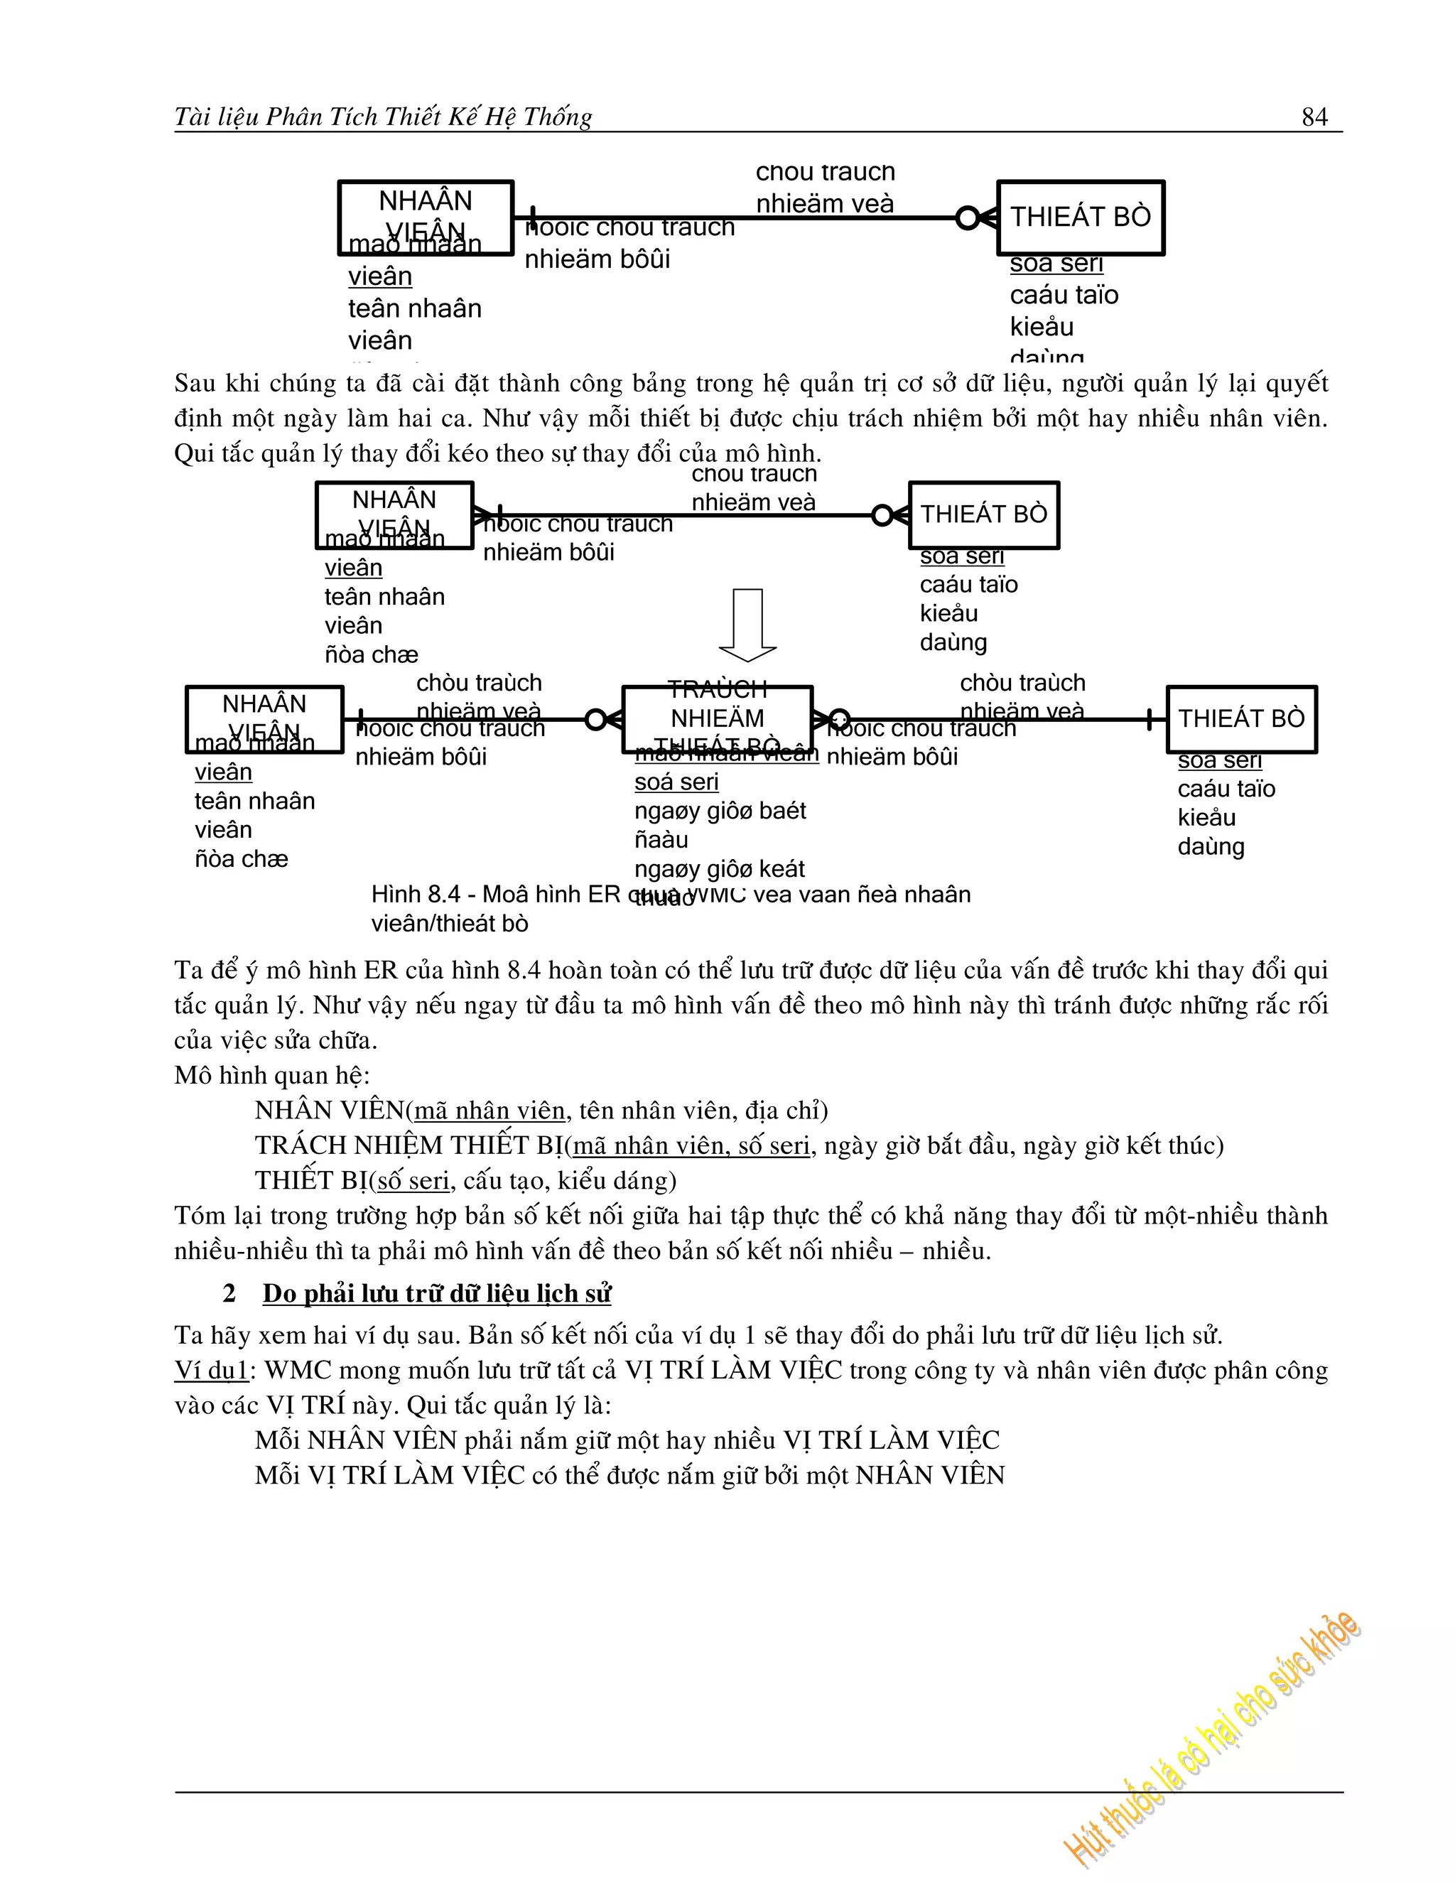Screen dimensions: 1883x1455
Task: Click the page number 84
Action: pyautogui.click(x=1314, y=117)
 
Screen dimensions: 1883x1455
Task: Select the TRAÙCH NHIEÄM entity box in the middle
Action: pyautogui.click(x=717, y=718)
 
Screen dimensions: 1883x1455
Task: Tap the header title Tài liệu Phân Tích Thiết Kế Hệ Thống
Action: pyautogui.click(x=383, y=117)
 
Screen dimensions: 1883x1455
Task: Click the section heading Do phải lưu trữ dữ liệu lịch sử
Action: pyautogui.click(x=437, y=1293)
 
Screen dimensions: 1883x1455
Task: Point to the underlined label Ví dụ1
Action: pyautogui.click(x=211, y=1370)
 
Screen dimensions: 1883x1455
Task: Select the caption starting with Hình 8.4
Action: pyautogui.click(x=670, y=908)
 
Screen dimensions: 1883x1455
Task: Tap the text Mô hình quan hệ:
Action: pyautogui.click(x=271, y=1075)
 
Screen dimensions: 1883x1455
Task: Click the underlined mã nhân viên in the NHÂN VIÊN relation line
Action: pyautogui.click(x=489, y=1111)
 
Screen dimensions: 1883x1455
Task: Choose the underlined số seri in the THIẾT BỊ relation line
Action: pyautogui.click(x=413, y=1180)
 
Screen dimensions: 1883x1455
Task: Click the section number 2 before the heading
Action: pyautogui.click(x=229, y=1293)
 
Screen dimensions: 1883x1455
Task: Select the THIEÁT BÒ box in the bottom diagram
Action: pyautogui.click(x=1241, y=719)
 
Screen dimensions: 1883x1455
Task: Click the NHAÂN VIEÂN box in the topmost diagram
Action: pyautogui.click(x=426, y=217)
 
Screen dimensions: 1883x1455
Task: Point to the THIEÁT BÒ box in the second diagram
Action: pyautogui.click(x=983, y=514)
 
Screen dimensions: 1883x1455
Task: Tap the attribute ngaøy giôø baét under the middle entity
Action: pyautogui.click(x=720, y=811)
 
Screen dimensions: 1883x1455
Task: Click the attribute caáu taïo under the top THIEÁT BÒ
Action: pyautogui.click(x=1064, y=295)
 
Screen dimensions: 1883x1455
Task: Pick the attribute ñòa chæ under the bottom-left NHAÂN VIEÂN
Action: pyautogui.click(x=242, y=859)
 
